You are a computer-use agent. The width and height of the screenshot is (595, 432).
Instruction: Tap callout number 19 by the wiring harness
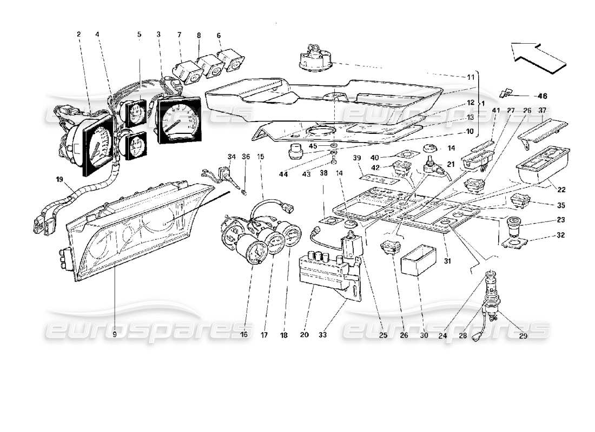(57, 177)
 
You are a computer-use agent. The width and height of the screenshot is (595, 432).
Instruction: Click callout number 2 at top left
(79, 35)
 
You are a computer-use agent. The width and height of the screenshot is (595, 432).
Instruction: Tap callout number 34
(231, 157)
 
